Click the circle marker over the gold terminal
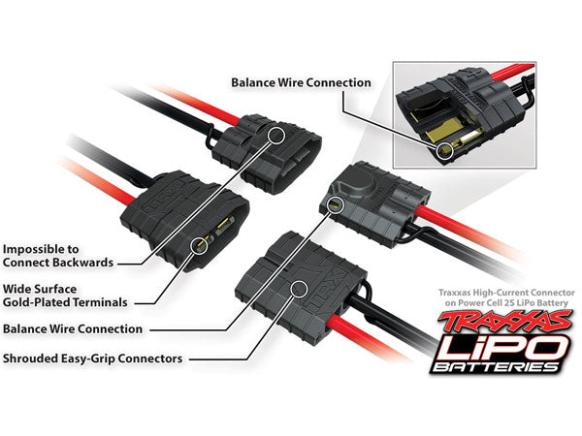click(x=201, y=245)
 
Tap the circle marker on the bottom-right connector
click(x=299, y=289)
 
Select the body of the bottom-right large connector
click(x=301, y=281)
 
